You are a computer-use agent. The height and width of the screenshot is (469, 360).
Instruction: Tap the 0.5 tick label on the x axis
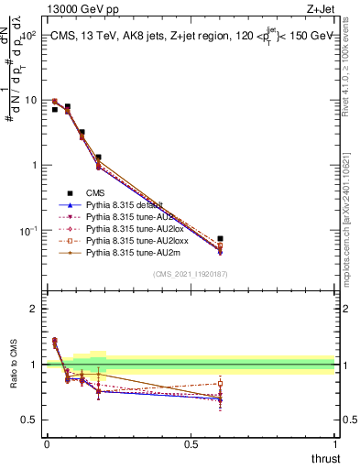(191, 442)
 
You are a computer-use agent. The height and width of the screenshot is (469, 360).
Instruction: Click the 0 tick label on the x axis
(47, 442)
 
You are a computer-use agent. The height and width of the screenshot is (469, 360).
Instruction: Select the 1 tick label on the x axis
(334, 442)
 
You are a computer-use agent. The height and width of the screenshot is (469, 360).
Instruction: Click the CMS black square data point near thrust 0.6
(220, 238)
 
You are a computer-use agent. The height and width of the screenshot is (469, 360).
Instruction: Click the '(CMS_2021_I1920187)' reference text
(190, 275)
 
